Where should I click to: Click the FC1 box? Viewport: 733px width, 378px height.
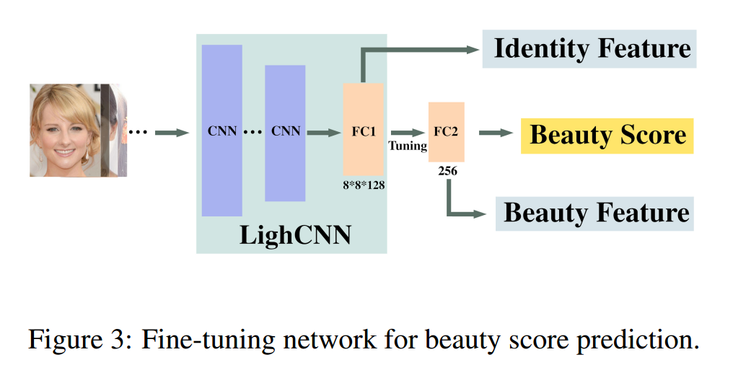[x=363, y=129]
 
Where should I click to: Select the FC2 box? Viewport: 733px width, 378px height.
[x=447, y=132]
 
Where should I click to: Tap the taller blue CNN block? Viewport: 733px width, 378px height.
[x=222, y=131]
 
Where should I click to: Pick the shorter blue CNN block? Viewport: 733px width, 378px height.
[x=285, y=133]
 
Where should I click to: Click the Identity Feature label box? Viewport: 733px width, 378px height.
[x=589, y=49]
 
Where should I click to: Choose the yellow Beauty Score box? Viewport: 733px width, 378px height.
[x=607, y=136]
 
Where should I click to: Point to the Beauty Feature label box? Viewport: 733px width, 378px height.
[x=594, y=214]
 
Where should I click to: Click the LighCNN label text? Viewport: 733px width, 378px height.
[x=296, y=234]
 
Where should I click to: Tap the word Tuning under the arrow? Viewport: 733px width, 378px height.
[x=408, y=146]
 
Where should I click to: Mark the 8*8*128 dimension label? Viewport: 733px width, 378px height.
[x=364, y=185]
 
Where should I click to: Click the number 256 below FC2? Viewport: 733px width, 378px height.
[x=448, y=171]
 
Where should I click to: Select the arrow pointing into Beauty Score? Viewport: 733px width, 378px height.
[x=496, y=133]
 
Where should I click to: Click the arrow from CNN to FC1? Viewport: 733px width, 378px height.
[x=324, y=133]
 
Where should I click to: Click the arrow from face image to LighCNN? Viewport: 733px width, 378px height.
[x=172, y=133]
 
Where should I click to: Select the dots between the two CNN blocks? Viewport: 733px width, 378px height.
[x=253, y=133]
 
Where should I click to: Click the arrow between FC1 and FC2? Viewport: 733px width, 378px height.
[x=408, y=133]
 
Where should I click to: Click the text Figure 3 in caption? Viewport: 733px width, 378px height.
[x=78, y=339]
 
